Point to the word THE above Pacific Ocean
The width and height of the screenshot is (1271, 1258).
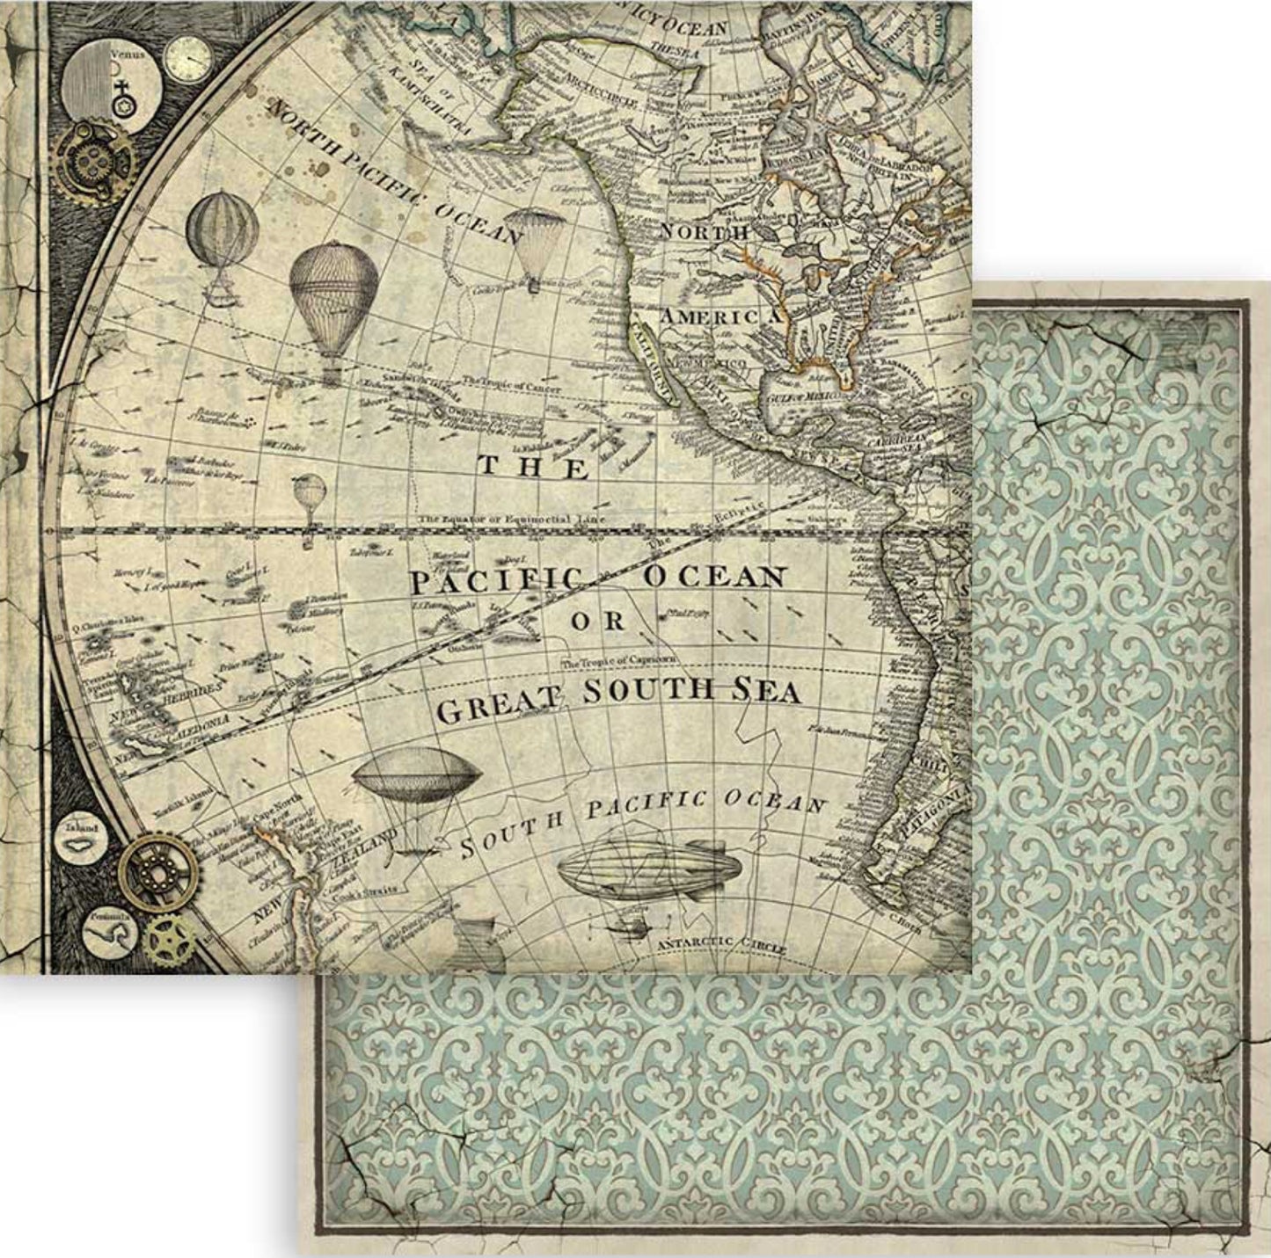(x=533, y=466)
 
